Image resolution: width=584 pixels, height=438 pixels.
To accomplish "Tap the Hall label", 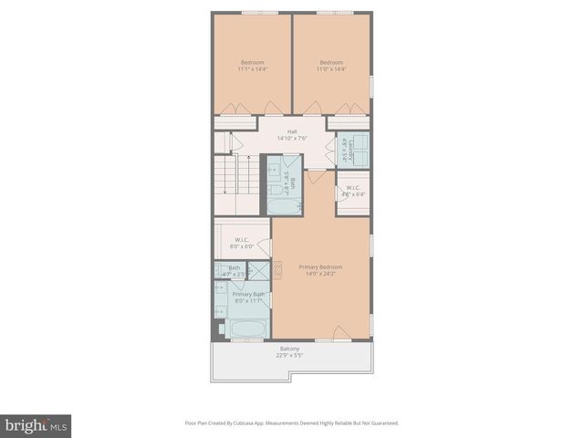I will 292,131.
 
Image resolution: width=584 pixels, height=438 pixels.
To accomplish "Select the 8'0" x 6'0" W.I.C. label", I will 242,242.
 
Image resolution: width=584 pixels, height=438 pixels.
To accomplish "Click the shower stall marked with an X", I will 259,271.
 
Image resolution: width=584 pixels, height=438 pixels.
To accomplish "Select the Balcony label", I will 289,349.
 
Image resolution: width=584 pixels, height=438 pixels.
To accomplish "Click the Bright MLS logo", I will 36,426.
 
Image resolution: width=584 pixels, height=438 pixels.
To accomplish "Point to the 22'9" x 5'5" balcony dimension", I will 289,355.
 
